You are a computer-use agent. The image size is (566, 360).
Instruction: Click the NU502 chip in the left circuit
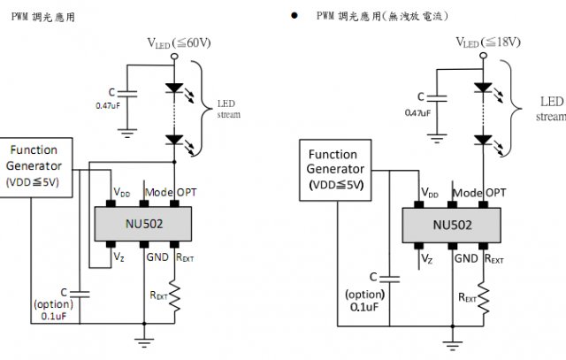pyautogui.click(x=142, y=225)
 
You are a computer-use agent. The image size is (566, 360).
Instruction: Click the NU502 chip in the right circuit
pyautogui.click(x=452, y=225)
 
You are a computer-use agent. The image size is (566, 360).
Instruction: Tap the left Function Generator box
pyautogui.click(x=34, y=165)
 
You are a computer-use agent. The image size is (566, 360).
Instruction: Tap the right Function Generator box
pyautogui.click(x=335, y=168)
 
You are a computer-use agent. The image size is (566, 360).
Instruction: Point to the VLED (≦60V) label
pyautogui.click(x=180, y=43)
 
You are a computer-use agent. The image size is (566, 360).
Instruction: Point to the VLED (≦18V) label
pyautogui.click(x=488, y=42)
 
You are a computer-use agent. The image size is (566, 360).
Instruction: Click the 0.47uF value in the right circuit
pyautogui.click(x=417, y=112)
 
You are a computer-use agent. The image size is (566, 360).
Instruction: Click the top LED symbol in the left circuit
pyautogui.click(x=175, y=89)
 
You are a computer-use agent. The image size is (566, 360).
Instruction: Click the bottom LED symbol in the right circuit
pyautogui.click(x=483, y=138)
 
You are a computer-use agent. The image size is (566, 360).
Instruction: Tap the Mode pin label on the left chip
pyautogui.click(x=159, y=192)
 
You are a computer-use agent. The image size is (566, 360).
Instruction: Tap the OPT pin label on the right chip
pyautogui.click(x=496, y=192)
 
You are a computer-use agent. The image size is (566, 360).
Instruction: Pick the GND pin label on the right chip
pyautogui.click(x=466, y=258)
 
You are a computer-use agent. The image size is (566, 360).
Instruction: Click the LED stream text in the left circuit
pyautogui.click(x=228, y=109)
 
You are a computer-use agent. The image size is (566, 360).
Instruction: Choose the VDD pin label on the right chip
pyautogui.click(x=430, y=192)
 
